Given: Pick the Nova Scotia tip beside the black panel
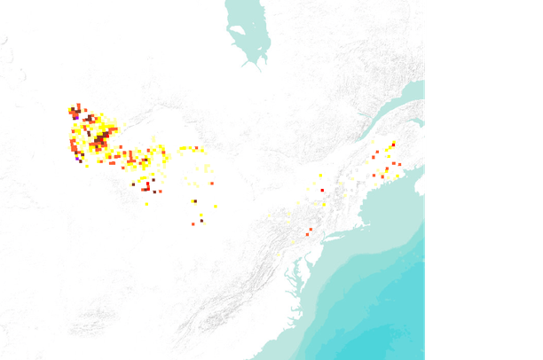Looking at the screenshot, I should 420,187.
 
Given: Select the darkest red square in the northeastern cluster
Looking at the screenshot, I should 393,145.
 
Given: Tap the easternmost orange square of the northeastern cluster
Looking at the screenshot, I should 399,165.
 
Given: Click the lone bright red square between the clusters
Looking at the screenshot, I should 322,190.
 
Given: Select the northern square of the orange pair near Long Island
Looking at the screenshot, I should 311,230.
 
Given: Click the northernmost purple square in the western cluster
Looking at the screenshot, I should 76,116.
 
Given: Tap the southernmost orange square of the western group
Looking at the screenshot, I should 193,223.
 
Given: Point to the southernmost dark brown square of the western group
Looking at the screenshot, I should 201,221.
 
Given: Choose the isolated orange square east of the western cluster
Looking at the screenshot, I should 213,182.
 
